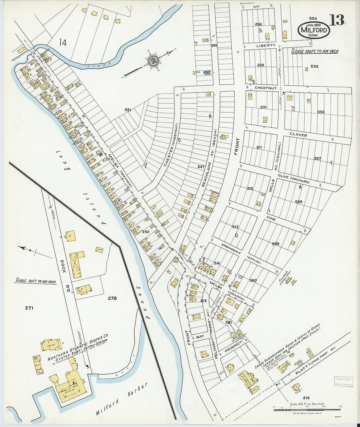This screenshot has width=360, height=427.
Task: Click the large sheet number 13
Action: [336, 20]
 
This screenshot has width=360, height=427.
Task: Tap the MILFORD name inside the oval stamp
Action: [314, 30]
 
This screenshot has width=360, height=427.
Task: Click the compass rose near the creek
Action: [153, 61]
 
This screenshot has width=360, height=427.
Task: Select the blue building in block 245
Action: [207, 73]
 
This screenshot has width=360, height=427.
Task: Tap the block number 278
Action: [112, 298]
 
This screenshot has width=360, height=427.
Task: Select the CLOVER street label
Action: [298, 135]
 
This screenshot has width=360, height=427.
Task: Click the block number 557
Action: [317, 159]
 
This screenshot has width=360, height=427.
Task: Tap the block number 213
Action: [235, 227]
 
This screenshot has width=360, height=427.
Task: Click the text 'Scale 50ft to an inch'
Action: [36, 281]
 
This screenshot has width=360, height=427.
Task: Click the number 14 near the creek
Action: [63, 42]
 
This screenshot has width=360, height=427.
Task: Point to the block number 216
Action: [306, 398]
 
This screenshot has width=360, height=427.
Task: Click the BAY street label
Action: [200, 336]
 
